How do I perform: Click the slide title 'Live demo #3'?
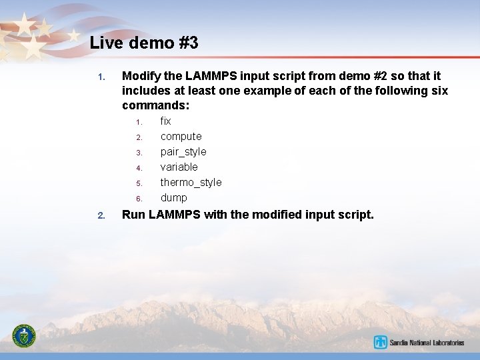(144, 43)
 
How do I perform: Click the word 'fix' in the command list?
(165, 121)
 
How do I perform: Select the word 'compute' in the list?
(181, 137)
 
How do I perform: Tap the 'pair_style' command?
(183, 152)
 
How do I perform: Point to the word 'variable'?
(179, 167)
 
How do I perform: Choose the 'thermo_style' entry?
(191, 183)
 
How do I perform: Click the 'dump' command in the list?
(173, 198)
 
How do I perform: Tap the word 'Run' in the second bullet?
(133, 215)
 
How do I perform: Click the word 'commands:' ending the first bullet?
(156, 106)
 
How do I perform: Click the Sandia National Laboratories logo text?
(427, 343)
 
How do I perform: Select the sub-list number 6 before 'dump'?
(139, 199)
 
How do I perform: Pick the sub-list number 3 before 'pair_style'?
(139, 153)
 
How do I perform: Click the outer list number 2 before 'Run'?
(101, 215)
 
